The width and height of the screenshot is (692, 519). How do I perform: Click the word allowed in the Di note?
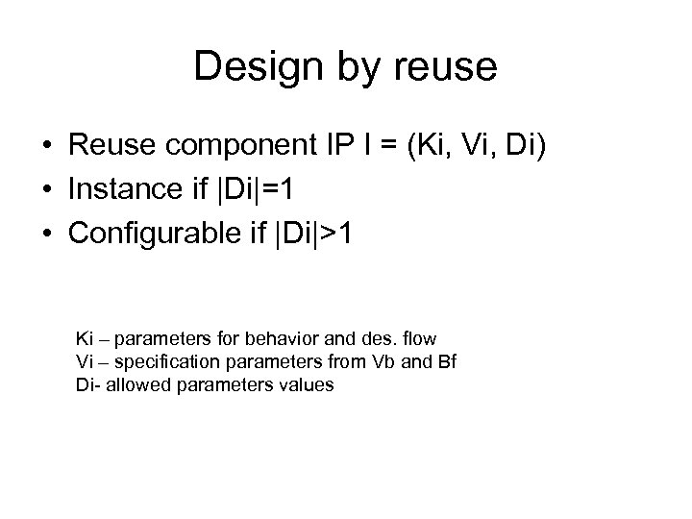tap(132, 385)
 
